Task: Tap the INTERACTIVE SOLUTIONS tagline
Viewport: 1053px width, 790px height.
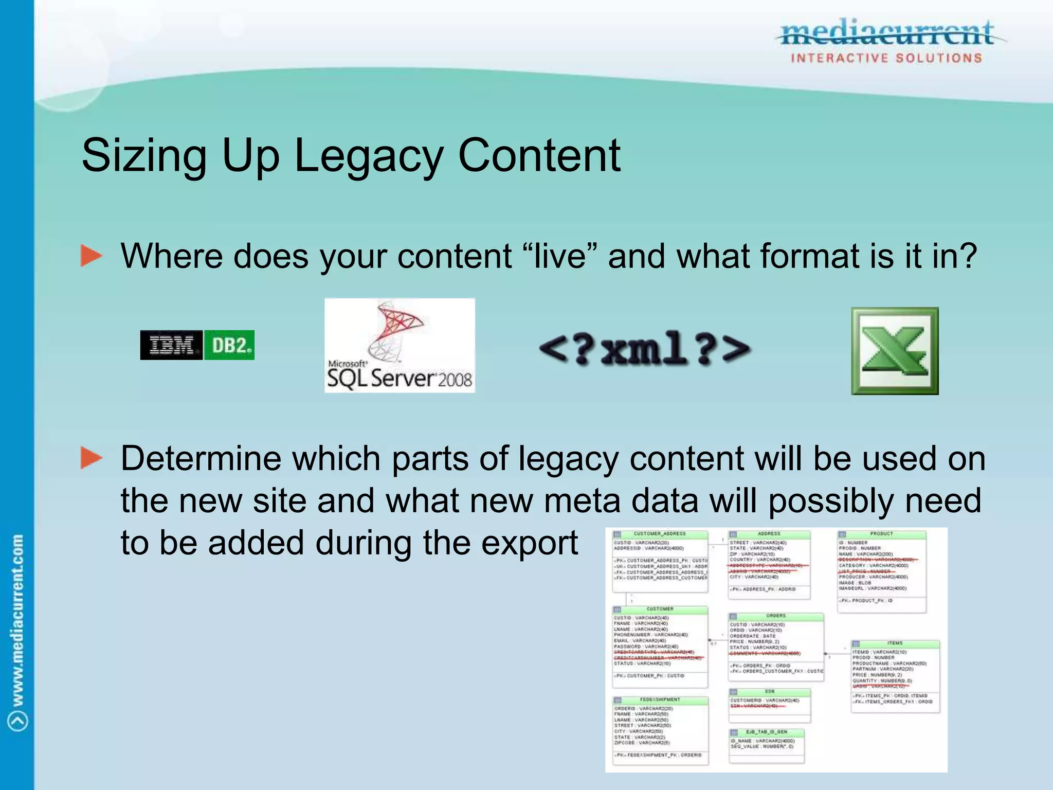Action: point(886,58)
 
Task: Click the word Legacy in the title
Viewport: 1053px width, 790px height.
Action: point(369,155)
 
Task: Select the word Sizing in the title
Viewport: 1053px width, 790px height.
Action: point(144,155)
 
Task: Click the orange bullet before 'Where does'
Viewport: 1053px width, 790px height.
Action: point(92,256)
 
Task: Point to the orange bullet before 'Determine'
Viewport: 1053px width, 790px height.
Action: point(92,457)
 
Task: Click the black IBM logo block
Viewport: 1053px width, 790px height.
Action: point(171,345)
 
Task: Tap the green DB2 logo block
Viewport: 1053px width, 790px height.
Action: point(229,345)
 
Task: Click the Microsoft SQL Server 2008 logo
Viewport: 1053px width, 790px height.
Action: point(400,346)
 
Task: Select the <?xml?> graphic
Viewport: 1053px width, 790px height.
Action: point(644,349)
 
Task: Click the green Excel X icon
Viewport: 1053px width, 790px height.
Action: point(895,351)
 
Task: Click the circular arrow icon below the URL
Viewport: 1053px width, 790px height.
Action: point(18,721)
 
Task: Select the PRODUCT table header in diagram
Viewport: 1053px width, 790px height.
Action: point(881,534)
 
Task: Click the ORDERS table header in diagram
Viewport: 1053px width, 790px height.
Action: point(776,616)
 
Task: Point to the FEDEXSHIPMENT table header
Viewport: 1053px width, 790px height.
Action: point(660,699)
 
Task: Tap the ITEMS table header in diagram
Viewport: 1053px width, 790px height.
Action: point(895,643)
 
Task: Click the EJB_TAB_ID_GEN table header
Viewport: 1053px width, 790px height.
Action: point(767,731)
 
